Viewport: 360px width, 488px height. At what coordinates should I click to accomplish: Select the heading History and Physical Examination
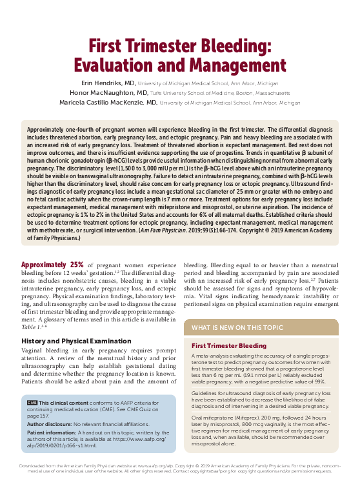click(x=76, y=340)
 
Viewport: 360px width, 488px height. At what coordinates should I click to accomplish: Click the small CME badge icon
click(x=32, y=402)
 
